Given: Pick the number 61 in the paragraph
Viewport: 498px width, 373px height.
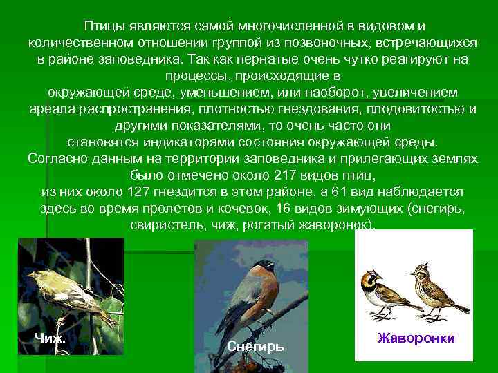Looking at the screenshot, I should pyautogui.click(x=334, y=191).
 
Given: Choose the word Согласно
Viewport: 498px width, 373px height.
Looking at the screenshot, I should pyautogui.click(x=55, y=159).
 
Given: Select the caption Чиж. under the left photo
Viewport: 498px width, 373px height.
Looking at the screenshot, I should pyautogui.click(x=50, y=337).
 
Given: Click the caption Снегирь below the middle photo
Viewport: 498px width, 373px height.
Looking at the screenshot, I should pyautogui.click(x=255, y=346).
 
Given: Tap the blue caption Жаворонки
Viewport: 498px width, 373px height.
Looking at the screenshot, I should pyautogui.click(x=416, y=338).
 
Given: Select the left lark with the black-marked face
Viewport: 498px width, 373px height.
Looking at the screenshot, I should pyautogui.click(x=383, y=294).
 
